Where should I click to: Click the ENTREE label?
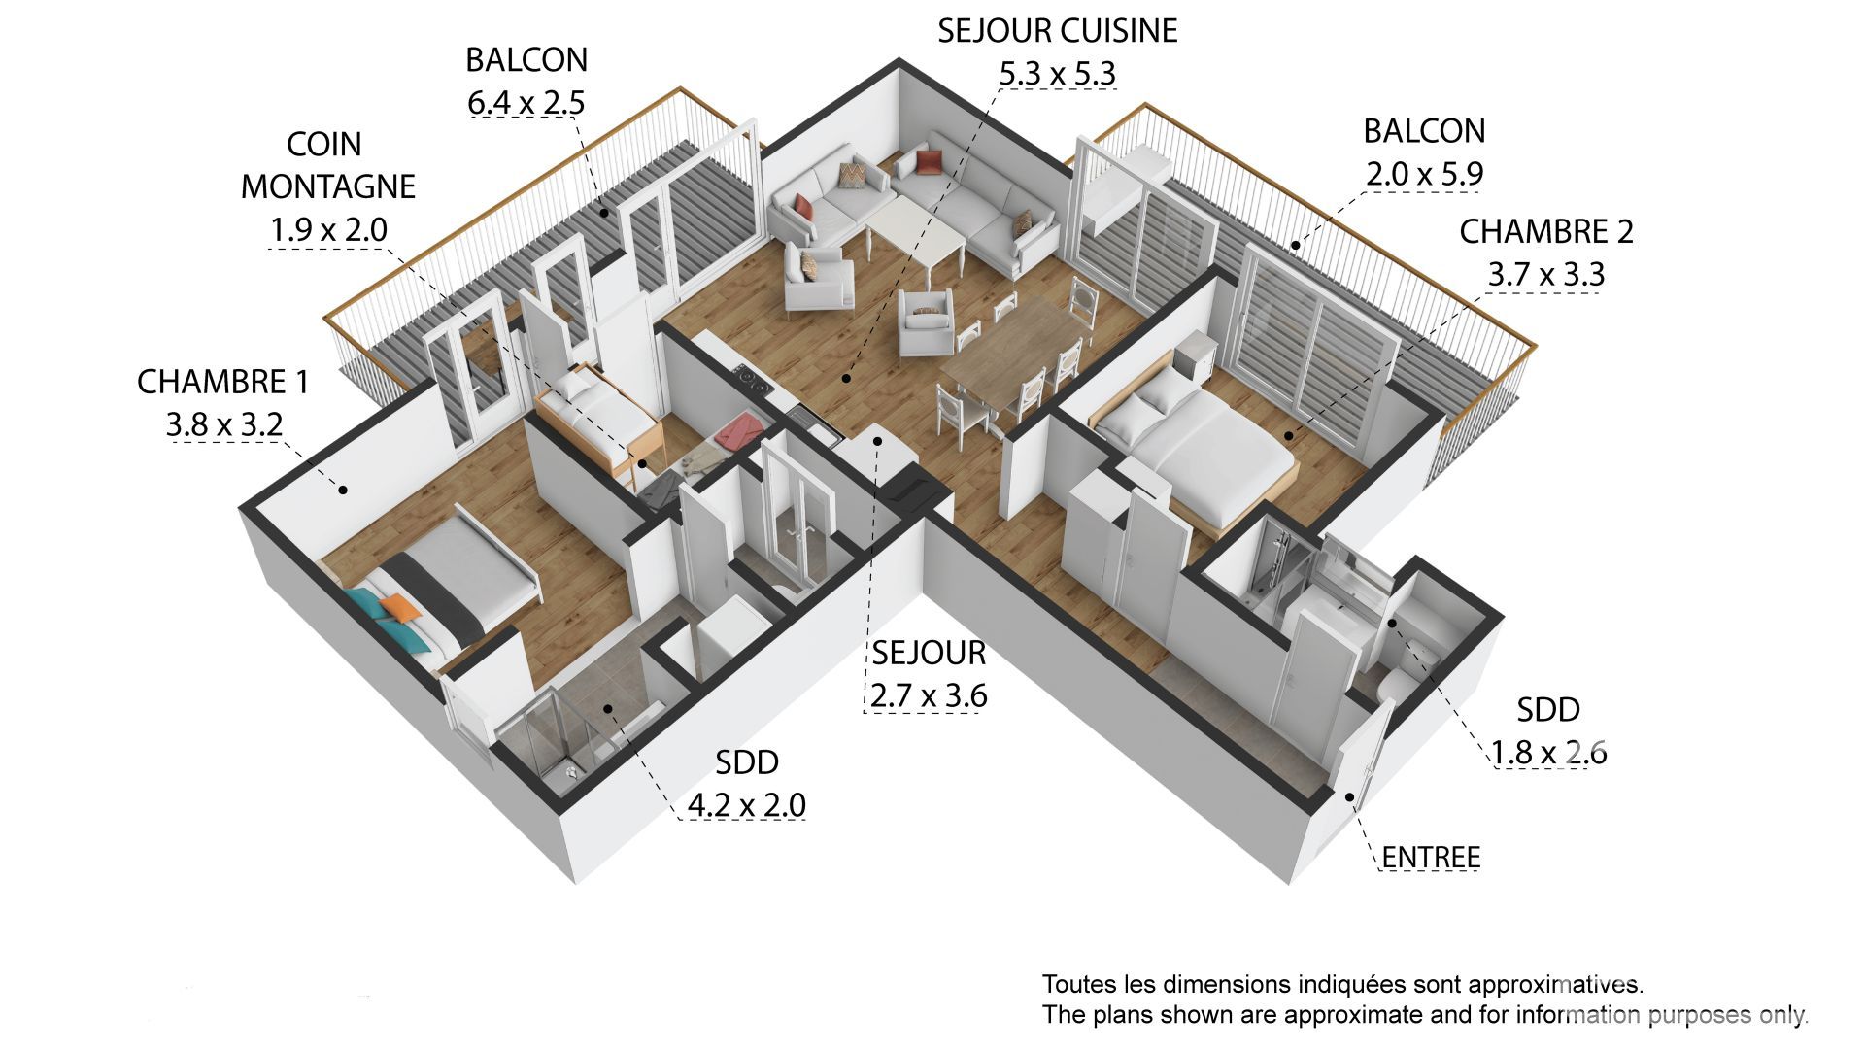(1430, 858)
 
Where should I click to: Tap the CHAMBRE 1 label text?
(222, 382)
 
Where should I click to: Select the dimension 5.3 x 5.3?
(1057, 74)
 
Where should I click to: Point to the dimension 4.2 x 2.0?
(746, 805)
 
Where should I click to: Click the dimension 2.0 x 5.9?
(1424, 174)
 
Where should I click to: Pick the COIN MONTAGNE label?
(327, 165)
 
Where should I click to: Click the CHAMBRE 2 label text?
(1545, 231)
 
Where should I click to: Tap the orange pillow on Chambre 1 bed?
(398, 609)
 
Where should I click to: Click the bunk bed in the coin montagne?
(597, 413)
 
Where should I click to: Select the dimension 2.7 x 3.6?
(928, 696)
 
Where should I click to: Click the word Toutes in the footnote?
(1071, 984)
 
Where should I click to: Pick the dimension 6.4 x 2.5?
(526, 102)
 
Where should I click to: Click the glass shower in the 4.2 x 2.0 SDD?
(540, 738)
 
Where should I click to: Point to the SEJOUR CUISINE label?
(1057, 31)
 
